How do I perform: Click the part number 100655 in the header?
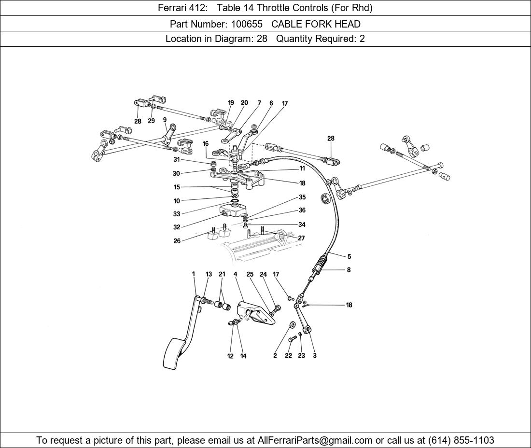(x=247, y=24)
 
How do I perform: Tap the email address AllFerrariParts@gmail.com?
(x=315, y=440)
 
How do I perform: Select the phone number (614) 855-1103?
(x=461, y=440)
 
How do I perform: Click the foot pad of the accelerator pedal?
(x=175, y=353)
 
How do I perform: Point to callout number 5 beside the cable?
(x=349, y=256)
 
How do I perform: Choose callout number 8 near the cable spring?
(x=349, y=270)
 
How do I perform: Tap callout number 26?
(x=177, y=241)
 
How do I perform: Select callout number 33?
(x=177, y=214)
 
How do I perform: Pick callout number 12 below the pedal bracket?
(x=230, y=356)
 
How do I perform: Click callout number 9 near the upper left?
(x=165, y=120)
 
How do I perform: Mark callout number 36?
(x=302, y=210)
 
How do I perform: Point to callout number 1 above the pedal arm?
(x=194, y=274)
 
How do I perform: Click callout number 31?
(x=176, y=159)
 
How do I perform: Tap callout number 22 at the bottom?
(x=288, y=356)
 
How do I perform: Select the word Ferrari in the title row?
(x=172, y=8)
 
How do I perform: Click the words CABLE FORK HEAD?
(x=316, y=24)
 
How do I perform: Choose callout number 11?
(x=302, y=168)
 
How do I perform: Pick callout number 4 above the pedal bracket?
(x=236, y=274)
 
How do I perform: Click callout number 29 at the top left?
(x=151, y=121)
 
